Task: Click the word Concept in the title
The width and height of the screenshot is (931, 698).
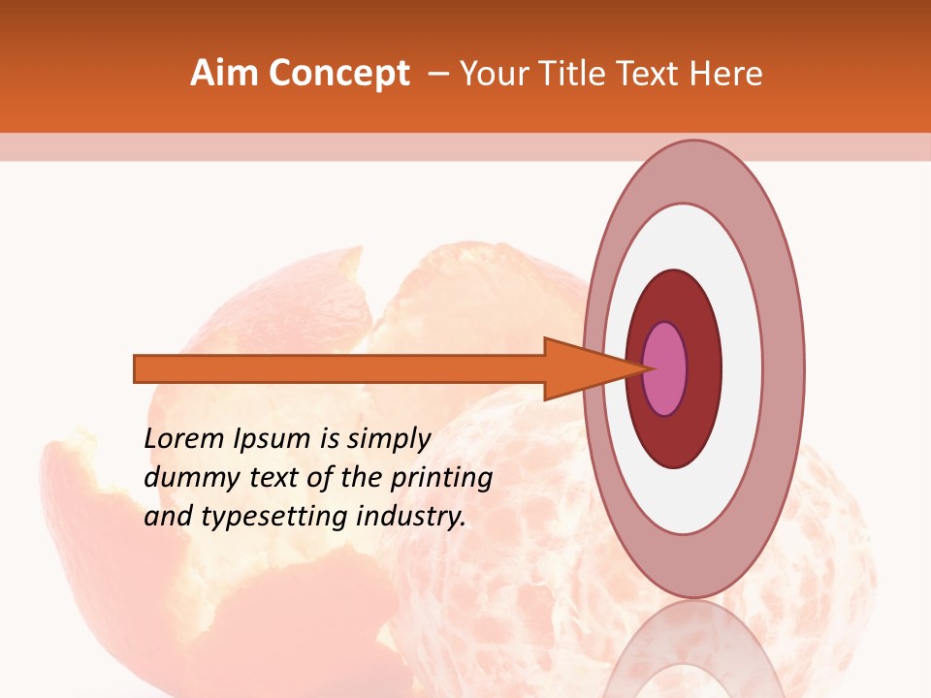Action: tap(339, 74)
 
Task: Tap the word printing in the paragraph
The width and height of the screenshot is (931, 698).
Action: tap(441, 478)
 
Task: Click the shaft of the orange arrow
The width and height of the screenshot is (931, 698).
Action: tap(339, 368)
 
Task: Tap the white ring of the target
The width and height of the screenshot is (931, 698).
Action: tap(742, 368)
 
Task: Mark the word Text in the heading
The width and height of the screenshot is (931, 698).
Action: tap(649, 74)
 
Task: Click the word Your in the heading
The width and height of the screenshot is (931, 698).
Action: tap(492, 74)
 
